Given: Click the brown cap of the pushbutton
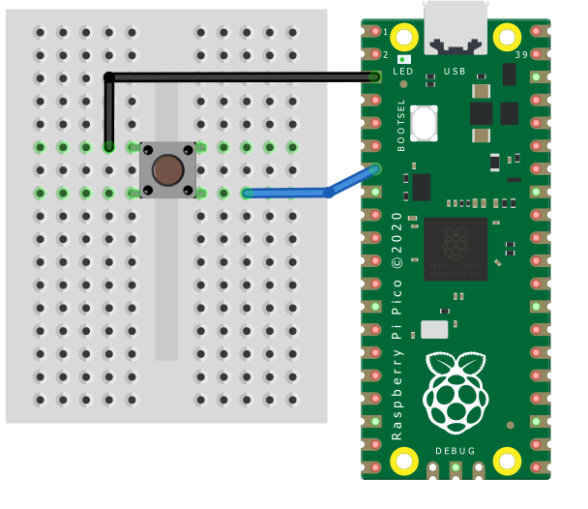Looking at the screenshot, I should (x=168, y=170).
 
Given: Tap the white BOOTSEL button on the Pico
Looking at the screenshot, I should (x=424, y=124).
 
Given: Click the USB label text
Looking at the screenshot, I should (x=455, y=72).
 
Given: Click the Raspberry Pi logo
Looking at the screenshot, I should (x=456, y=391).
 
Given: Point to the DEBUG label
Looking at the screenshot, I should (x=456, y=451).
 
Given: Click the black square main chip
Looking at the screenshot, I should (x=456, y=249).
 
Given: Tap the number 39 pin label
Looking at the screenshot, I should (x=522, y=55).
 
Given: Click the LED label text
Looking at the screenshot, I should (x=403, y=72).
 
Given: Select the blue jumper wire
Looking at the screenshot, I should (x=290, y=193).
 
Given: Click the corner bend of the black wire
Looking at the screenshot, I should (x=109, y=76).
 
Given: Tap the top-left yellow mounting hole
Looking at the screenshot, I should (x=404, y=38).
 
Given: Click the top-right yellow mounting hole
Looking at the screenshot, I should (x=507, y=38).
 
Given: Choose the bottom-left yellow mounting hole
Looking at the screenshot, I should (x=404, y=464).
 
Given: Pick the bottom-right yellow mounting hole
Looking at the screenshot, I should (x=507, y=464).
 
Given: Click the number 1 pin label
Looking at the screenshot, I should (x=386, y=32).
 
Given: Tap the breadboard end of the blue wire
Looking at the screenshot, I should (x=248, y=193).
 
